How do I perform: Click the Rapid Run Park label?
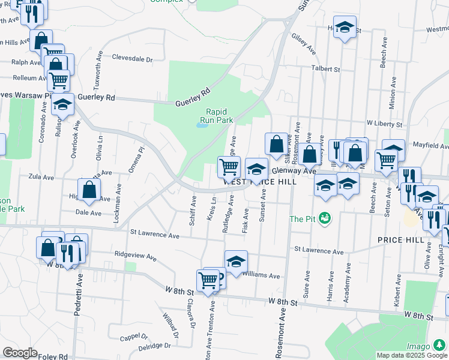[x=219, y=116]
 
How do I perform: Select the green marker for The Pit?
[x=325, y=218]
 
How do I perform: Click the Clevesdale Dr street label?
[x=133, y=58]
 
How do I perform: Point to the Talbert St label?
[x=326, y=69]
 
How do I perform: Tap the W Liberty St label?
[x=384, y=124]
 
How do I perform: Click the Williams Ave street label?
[x=261, y=276]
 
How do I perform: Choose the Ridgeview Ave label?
[x=135, y=256]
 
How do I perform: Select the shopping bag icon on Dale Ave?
[x=89, y=190]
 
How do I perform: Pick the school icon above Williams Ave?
[x=237, y=261]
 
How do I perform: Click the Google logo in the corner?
[x=20, y=353]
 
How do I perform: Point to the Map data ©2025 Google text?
[x=412, y=355]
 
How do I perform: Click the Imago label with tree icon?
[x=418, y=346]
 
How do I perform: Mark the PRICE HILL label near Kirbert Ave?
[x=397, y=239]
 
